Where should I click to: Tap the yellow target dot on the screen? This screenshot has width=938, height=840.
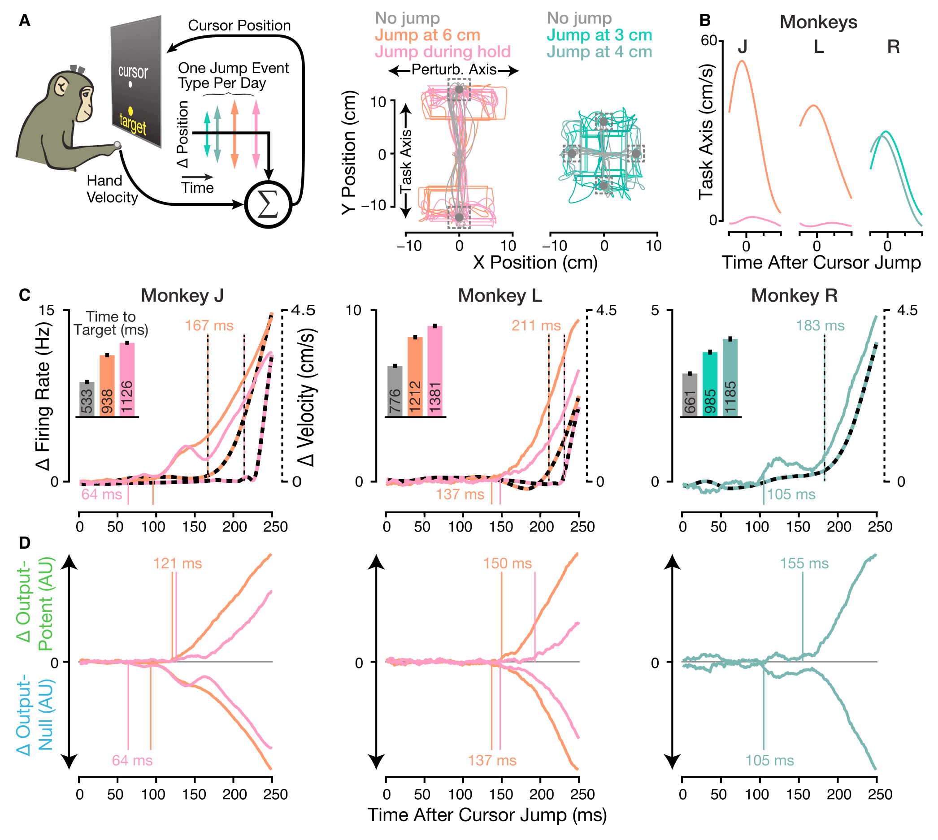130,111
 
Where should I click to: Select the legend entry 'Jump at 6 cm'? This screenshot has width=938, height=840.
427,35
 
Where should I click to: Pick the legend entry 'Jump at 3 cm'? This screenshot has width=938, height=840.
599,35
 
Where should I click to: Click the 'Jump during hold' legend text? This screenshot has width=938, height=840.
443,51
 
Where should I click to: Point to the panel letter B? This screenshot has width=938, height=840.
705,20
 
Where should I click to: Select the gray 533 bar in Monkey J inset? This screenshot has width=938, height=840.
87,399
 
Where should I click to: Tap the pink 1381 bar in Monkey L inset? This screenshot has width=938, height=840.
435,372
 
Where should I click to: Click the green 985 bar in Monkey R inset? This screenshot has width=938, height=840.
710,385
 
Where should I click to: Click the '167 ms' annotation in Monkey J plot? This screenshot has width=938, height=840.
209,325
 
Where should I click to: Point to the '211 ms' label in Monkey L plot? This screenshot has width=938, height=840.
536,325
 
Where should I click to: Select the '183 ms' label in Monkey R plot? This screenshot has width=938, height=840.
820,325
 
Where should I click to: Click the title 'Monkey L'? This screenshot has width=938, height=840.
500,295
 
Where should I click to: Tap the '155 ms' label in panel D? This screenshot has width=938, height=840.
804,563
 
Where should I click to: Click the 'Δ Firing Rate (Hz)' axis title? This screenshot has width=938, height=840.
43,396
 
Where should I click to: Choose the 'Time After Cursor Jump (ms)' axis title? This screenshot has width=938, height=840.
487,815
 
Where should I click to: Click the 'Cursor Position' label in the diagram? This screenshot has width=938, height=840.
239,26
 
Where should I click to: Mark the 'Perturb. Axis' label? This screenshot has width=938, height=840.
454,69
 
